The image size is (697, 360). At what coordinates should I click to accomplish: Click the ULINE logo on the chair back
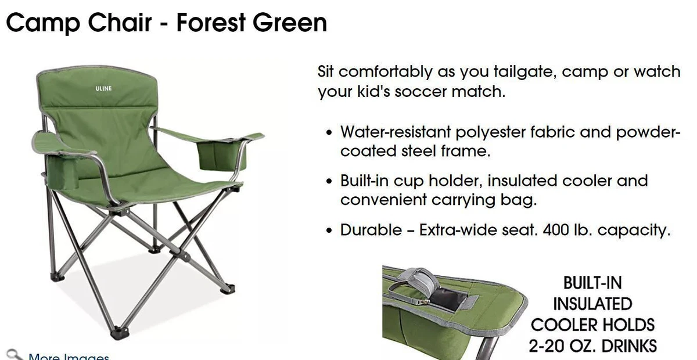[103, 88]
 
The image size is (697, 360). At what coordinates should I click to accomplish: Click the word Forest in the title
[211, 23]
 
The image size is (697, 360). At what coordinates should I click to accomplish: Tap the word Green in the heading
[290, 23]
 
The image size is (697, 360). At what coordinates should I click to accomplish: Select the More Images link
[69, 357]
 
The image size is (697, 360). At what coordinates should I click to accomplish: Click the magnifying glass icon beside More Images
[15, 355]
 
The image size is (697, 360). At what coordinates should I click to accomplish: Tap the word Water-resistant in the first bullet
[396, 132]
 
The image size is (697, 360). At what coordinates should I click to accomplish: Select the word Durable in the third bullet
[371, 230]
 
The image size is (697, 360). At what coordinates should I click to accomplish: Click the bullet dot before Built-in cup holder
[329, 181]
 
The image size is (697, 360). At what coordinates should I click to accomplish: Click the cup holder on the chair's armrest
[62, 171]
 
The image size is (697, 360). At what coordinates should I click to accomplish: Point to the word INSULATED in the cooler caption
[592, 304]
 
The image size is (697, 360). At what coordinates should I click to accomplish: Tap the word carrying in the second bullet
[464, 199]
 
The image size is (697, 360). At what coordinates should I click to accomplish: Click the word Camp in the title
[43, 23]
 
